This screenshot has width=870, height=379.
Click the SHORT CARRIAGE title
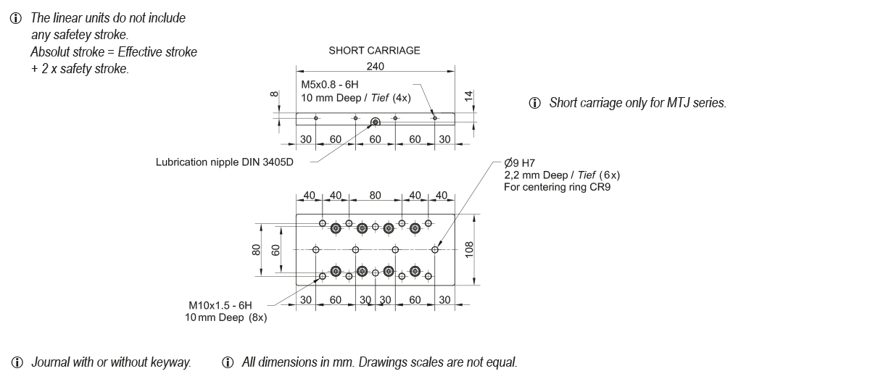(x=374, y=51)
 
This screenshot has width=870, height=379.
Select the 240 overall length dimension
(x=375, y=66)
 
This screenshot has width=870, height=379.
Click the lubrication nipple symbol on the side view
(x=376, y=121)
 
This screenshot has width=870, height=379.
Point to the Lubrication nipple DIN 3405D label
(x=225, y=162)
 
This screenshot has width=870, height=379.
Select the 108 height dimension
(x=469, y=249)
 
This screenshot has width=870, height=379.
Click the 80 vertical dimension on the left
(x=256, y=249)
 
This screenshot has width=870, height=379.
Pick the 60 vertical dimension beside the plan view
(x=275, y=249)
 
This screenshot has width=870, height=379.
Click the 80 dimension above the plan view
(x=375, y=196)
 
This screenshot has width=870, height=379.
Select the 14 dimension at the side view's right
(x=468, y=95)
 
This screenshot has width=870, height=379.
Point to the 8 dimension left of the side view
(x=273, y=94)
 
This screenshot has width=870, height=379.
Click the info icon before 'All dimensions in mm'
(x=228, y=362)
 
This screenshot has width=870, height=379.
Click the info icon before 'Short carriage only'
(x=535, y=103)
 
